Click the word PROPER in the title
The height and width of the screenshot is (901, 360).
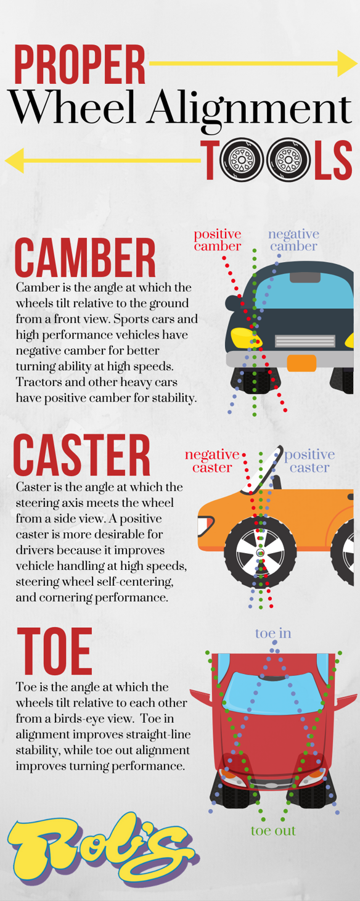[80, 64]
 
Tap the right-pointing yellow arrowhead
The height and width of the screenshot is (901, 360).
[347, 63]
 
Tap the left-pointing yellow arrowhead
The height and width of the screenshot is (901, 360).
[14, 160]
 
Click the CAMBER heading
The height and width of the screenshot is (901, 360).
[85, 258]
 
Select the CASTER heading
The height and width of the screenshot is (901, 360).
[81, 455]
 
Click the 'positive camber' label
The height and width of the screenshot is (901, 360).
[218, 240]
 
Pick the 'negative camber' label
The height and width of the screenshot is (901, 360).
[293, 240]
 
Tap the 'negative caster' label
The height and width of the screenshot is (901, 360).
[212, 461]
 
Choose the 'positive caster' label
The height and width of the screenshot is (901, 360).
[309, 461]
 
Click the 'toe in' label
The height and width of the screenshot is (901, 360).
[273, 633]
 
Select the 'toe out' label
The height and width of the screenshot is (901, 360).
[273, 831]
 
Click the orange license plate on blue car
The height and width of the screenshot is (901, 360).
[301, 363]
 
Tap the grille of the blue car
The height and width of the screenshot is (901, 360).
[305, 341]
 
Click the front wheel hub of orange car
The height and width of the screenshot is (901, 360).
[260, 552]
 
